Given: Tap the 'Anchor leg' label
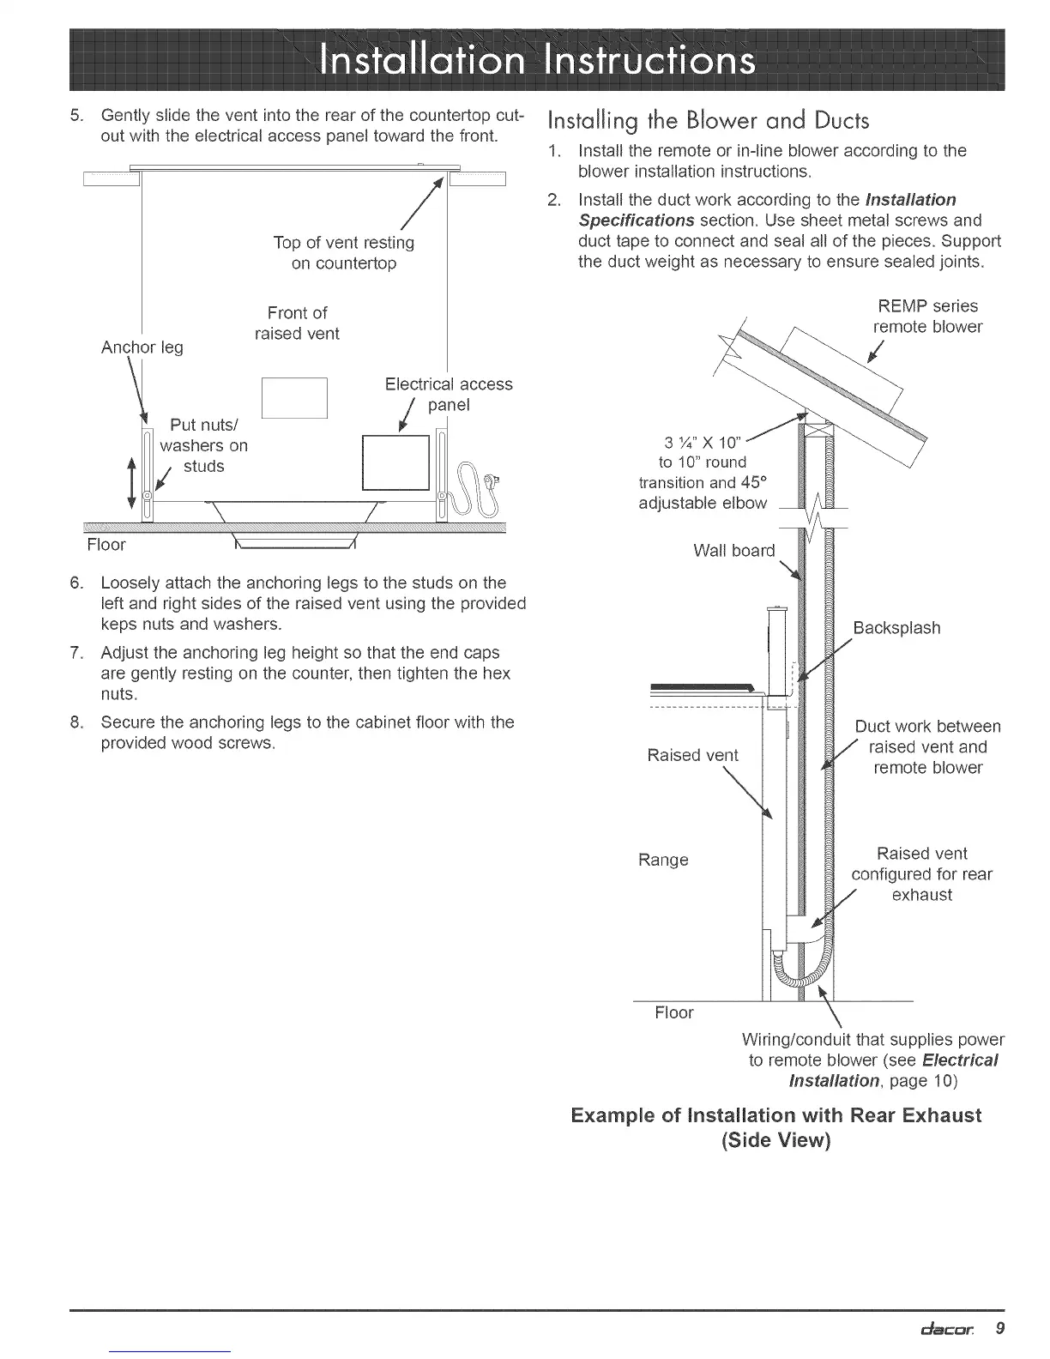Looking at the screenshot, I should coord(142,347).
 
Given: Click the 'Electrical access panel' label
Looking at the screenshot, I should coord(449,394).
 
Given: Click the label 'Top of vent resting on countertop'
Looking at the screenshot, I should coord(344,253).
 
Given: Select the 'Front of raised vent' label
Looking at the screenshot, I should coord(297,323).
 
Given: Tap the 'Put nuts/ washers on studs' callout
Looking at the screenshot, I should coord(204,445).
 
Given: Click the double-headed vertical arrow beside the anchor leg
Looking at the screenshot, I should coord(131,482).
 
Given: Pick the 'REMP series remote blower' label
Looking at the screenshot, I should coord(927,317).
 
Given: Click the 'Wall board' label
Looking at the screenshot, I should coord(733,551).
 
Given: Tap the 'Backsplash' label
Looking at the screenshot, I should coord(896,628).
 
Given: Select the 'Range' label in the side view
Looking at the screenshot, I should coord(663,860).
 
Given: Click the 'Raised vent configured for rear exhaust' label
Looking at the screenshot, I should coord(921,874).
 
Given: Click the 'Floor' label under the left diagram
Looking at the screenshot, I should coord(106,545).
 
